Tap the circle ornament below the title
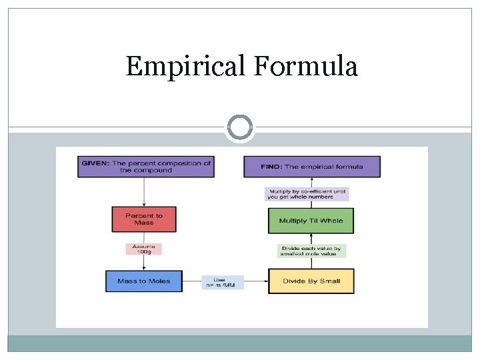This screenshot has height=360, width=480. (240, 127)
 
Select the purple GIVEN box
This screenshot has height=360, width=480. (146, 167)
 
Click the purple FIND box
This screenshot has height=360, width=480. (311, 167)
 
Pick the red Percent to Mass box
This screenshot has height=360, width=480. (144, 219)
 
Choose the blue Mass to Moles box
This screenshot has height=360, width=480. (143, 281)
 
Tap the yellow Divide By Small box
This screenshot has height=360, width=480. (311, 281)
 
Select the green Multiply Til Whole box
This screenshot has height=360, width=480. (311, 221)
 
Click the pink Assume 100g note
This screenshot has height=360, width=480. (144, 249)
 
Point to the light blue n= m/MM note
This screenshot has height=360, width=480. (223, 282)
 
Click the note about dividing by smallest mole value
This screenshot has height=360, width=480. (311, 251)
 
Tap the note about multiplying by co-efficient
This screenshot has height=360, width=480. (307, 193)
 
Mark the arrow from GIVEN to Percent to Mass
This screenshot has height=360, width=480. (144, 191)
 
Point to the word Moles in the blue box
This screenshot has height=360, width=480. (158, 281)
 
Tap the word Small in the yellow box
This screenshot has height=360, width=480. (329, 281)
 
